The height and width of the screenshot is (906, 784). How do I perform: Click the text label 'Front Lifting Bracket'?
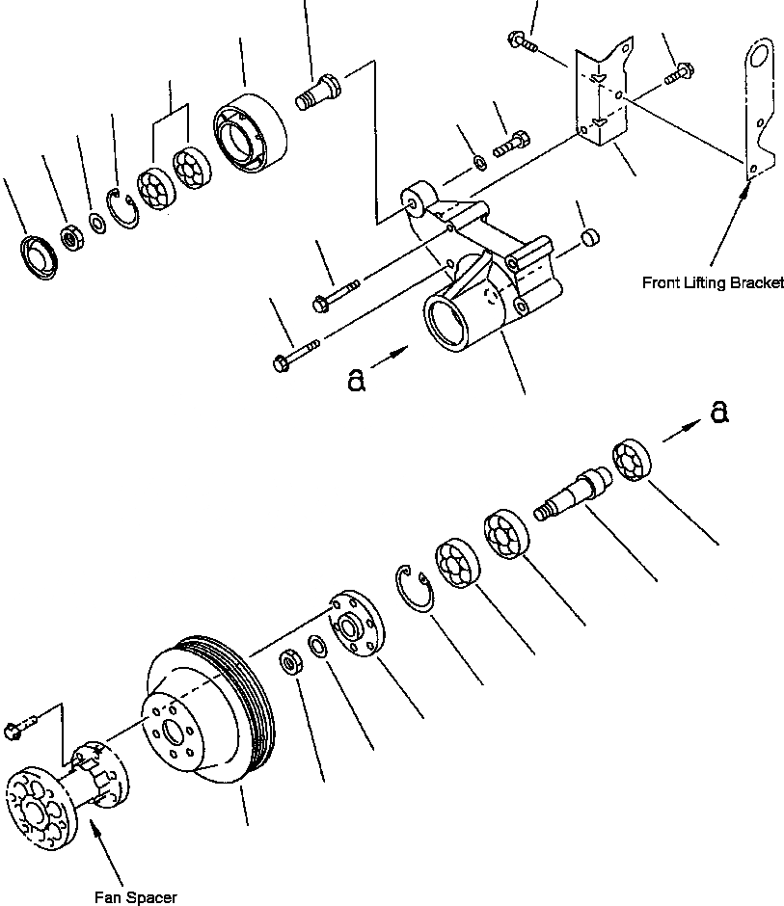tap(712, 283)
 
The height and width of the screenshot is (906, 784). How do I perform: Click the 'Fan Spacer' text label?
tap(135, 897)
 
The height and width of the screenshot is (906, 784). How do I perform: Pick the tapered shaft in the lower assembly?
tap(570, 493)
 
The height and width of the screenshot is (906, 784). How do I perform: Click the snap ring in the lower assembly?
tap(416, 589)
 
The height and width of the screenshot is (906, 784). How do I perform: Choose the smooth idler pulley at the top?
tap(247, 135)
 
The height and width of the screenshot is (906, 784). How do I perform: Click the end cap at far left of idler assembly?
tap(38, 255)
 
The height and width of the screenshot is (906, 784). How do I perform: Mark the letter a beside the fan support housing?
tap(356, 381)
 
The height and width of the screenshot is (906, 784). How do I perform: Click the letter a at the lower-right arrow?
tap(718, 413)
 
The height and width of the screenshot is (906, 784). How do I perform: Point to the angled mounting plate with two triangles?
tap(603, 96)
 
